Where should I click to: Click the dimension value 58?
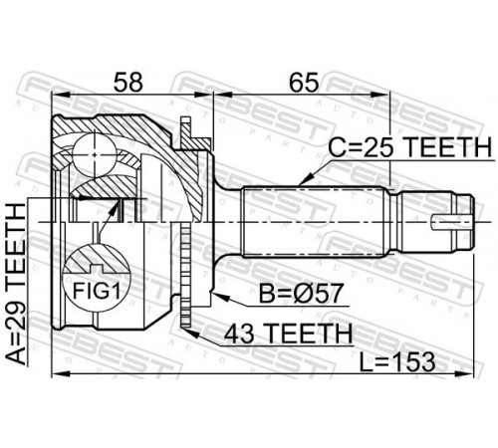tap(128, 82)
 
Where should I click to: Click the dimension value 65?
tap(304, 82)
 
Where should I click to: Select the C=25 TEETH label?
tap(409, 147)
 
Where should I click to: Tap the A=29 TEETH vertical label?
tap(16, 284)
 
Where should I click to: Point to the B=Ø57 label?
tap(301, 294)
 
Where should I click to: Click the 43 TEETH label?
tap(288, 334)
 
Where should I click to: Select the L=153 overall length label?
tap(397, 361)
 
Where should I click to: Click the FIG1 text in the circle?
tap(96, 291)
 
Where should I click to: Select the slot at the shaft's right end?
tap(451, 222)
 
